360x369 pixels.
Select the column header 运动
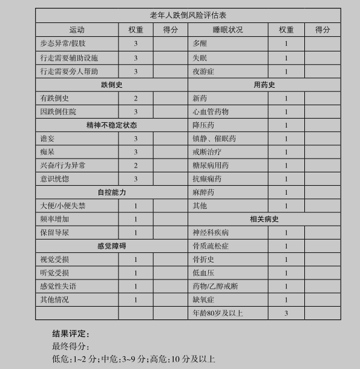(x=77, y=30)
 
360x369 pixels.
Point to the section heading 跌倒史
(x=111, y=85)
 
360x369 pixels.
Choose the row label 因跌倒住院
(x=59, y=112)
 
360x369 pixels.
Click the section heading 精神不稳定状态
(x=111, y=125)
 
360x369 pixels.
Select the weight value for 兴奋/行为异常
(x=136, y=166)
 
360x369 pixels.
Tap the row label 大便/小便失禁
(x=63, y=206)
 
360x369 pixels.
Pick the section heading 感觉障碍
(x=111, y=246)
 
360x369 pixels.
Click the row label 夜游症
(x=203, y=71)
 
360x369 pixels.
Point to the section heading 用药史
(x=264, y=85)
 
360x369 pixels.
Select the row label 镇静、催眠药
(x=214, y=139)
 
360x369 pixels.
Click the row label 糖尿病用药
(x=211, y=166)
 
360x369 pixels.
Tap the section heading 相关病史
(x=264, y=219)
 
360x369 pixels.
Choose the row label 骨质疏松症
(x=211, y=246)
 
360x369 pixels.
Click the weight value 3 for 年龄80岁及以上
(x=286, y=313)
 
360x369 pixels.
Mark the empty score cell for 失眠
(x=322, y=58)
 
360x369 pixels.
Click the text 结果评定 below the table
(x=70, y=334)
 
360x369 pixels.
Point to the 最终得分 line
(x=70, y=347)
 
